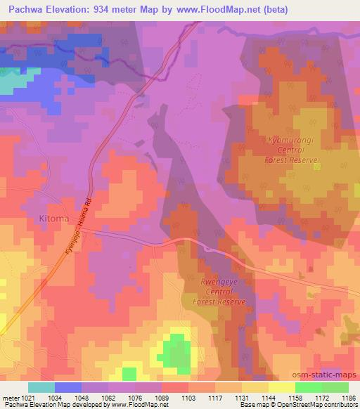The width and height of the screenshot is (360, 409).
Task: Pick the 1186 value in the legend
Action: tap(348, 398)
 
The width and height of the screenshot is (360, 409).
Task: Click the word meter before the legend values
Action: tap(10, 398)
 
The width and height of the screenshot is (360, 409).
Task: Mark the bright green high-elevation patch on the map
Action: tap(176, 349)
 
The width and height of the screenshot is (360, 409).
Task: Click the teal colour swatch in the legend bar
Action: tap(41, 387)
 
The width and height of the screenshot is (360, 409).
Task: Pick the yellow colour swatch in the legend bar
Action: tap(281, 387)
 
